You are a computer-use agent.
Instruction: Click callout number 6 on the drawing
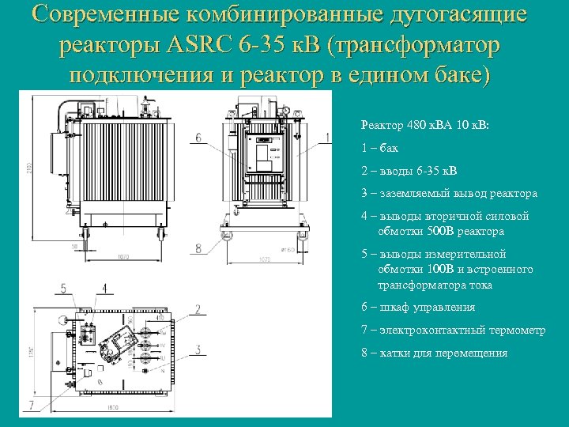(198, 138)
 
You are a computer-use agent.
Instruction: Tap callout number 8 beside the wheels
(198, 248)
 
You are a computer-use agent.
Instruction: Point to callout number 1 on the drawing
(329, 138)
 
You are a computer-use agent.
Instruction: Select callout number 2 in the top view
(198, 308)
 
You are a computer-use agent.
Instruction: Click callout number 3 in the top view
(198, 349)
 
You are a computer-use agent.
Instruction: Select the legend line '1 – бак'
(379, 147)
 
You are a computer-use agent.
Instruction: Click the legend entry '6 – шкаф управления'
(417, 307)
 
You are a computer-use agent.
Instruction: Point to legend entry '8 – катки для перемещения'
(434, 353)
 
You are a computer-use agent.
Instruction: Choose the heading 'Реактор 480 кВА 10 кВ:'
(424, 124)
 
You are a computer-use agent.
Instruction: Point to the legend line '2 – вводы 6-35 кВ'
(408, 170)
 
